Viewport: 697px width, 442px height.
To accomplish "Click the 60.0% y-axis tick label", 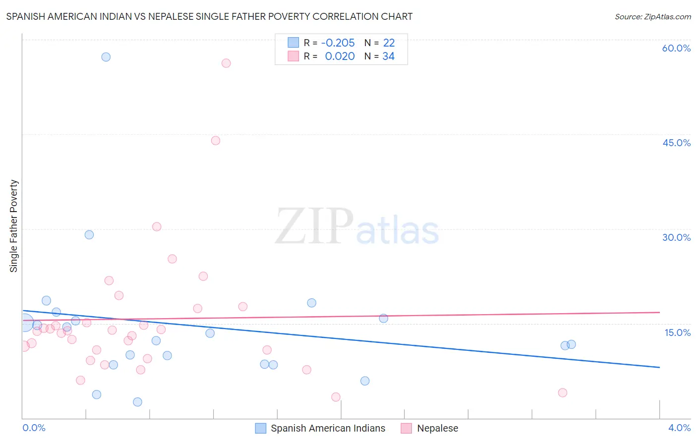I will pos(676,48).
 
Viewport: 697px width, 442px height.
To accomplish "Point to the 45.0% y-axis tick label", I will pos(676,143).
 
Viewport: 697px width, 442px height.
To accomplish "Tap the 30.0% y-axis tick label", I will pos(676,237).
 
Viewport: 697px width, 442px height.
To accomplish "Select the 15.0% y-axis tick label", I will pos(677,332).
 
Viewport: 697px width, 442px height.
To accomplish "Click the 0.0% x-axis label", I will pos(34,428).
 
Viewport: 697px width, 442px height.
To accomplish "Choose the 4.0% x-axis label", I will pos(679,428).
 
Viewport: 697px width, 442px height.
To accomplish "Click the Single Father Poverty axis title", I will pos(13,225).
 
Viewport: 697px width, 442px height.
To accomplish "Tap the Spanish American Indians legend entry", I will pos(328,428).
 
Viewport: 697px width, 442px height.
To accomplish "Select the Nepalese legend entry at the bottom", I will pos(437,428).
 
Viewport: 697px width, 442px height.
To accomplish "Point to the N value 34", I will pos(388,56).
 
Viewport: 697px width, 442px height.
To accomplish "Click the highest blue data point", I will pos(106,57).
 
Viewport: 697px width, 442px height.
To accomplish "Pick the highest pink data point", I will pos(226,63).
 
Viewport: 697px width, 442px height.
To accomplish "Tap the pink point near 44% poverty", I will pos(215,141).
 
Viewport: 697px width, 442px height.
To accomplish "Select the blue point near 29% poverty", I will pos(89,235).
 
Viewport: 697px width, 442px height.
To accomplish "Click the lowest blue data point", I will pos(137,402).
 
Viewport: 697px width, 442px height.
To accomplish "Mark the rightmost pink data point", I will pos(562,393).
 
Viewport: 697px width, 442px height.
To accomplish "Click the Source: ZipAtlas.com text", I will pos(652,17).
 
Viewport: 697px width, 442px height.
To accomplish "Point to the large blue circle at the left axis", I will pos(25,324).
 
